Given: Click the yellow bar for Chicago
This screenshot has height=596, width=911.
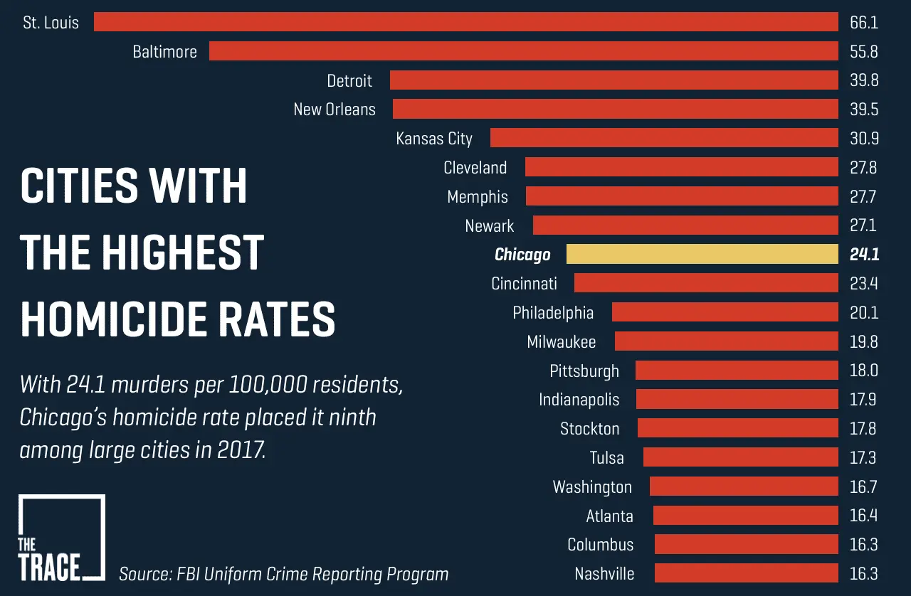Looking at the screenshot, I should tap(702, 254).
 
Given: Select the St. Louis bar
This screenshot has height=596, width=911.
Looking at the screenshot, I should tap(465, 21).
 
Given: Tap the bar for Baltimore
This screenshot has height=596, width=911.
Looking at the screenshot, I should tap(523, 50).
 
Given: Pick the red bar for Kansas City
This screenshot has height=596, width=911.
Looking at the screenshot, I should tap(664, 138).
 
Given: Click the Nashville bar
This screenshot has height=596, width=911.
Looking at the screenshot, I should tap(746, 573).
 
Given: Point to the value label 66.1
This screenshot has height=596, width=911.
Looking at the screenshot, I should tap(863, 22).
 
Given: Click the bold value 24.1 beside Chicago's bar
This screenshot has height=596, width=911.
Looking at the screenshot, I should tap(863, 255).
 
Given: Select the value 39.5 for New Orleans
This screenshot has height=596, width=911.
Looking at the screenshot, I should tap(863, 110).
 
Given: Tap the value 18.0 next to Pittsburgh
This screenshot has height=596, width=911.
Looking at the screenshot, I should tap(863, 371).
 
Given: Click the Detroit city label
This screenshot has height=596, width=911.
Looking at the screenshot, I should tap(349, 80).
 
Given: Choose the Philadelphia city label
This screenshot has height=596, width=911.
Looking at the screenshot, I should tap(553, 313).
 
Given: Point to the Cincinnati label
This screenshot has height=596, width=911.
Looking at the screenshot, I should tap(524, 284).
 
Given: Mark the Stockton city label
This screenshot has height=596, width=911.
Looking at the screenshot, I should tap(589, 429).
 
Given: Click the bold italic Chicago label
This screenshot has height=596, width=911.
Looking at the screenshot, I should tap(522, 255).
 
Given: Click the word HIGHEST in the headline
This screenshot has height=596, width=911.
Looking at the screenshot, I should tap(182, 252).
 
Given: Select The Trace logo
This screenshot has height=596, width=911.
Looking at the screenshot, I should tap(61, 538).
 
